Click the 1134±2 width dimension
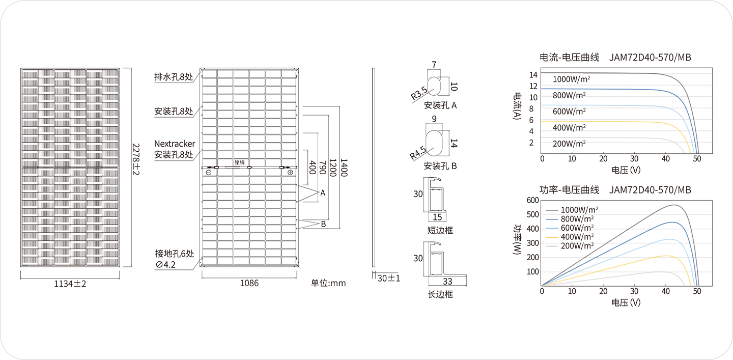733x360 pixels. pyautogui.click(x=70, y=284)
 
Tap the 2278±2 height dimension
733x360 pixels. pyautogui.click(x=136, y=159)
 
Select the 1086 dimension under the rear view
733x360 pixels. pyautogui.click(x=249, y=283)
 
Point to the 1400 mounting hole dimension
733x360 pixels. pyautogui.click(x=344, y=168)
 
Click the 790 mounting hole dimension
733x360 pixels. pyautogui.click(x=322, y=167)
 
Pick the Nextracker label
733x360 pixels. pyautogui.click(x=175, y=144)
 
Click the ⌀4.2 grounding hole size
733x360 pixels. pyautogui.click(x=166, y=264)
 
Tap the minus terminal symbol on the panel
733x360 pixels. pyautogui.click(x=209, y=173)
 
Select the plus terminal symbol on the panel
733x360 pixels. pyautogui.click(x=290, y=173)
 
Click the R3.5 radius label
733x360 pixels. pyautogui.click(x=419, y=93)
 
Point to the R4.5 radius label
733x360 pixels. pyautogui.click(x=418, y=153)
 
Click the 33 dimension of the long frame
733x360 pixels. pyautogui.click(x=447, y=282)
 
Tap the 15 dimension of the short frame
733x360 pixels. pyautogui.click(x=437, y=217)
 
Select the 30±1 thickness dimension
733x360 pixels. pyautogui.click(x=389, y=278)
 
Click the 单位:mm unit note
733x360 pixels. pyautogui.click(x=328, y=283)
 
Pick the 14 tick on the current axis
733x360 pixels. pyautogui.click(x=533, y=75)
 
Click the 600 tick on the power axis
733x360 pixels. pyautogui.click(x=533, y=200)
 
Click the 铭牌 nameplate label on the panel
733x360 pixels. pyautogui.click(x=240, y=162)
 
